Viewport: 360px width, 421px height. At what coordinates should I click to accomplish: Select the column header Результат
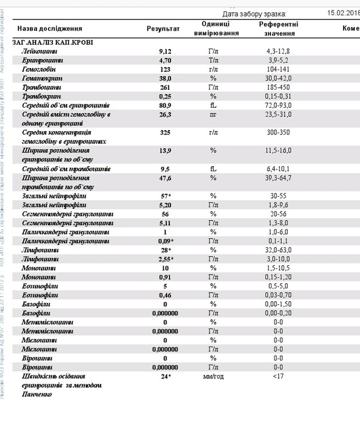(x=163, y=28)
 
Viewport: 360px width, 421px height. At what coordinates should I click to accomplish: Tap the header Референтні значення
(x=279, y=28)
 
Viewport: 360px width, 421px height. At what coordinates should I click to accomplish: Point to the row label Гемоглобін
(x=39, y=69)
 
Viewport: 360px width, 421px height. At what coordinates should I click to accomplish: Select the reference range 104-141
(x=278, y=69)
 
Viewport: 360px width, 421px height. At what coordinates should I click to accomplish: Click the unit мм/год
(x=214, y=377)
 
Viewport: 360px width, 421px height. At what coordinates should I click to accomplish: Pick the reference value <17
(x=278, y=377)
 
